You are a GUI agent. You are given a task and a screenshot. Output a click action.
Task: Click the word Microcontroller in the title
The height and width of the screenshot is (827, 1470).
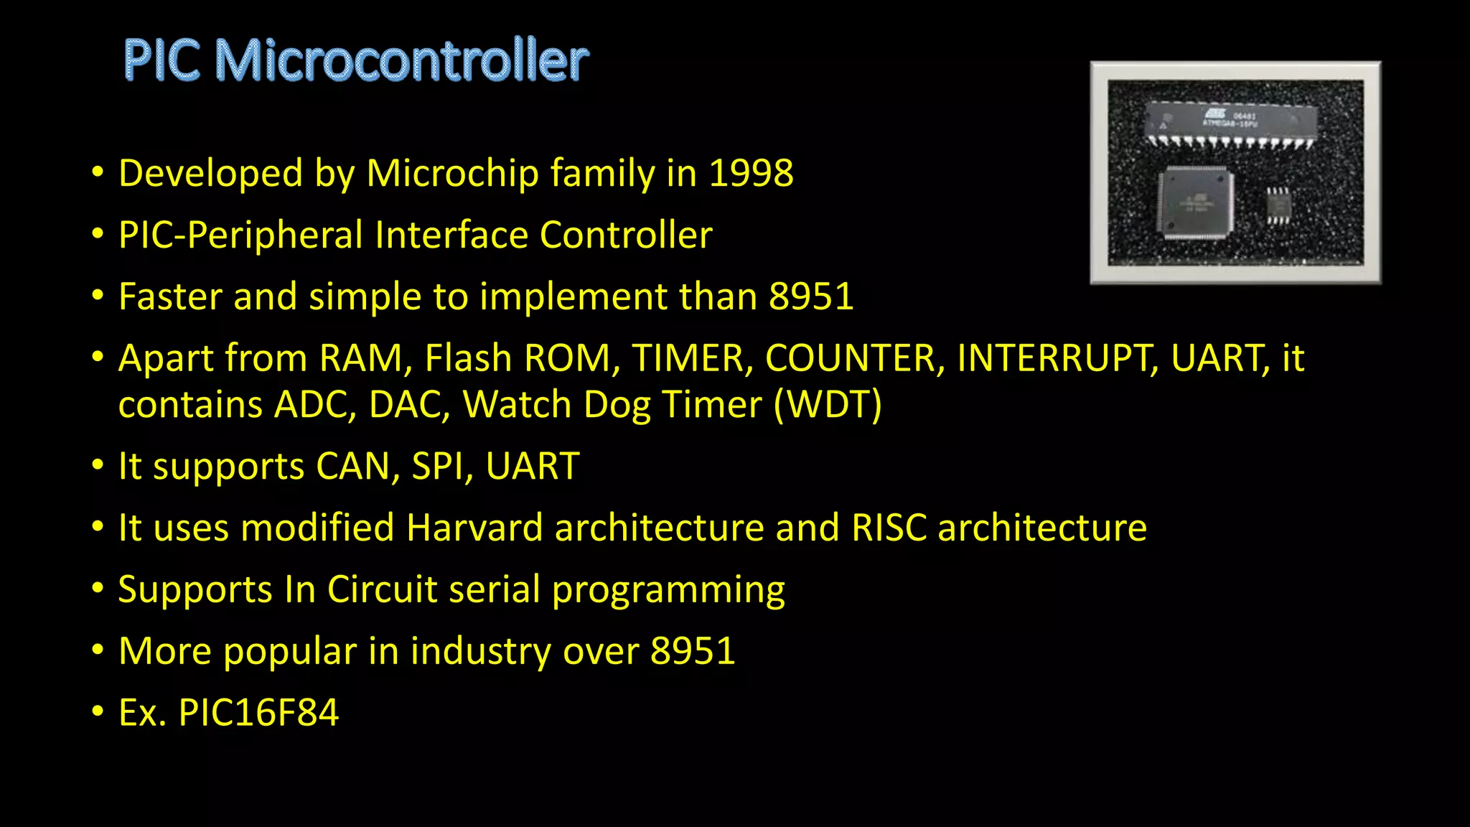click(402, 60)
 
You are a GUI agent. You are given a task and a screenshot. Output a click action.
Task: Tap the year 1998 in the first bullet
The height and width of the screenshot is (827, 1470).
click(751, 174)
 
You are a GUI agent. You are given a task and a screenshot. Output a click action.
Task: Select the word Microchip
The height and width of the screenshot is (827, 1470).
click(452, 174)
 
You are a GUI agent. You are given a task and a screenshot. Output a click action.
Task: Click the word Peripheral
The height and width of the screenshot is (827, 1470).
click(275, 235)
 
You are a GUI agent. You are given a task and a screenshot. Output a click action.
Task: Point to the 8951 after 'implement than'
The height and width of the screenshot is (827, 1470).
click(811, 297)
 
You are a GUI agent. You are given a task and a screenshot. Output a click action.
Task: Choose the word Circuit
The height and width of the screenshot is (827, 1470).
click(382, 590)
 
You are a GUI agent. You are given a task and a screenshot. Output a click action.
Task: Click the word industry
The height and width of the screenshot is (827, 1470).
click(481, 652)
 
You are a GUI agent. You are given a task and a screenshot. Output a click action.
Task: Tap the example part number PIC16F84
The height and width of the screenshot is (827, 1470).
click(258, 713)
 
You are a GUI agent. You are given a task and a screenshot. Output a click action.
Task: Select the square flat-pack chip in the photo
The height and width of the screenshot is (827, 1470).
click(1194, 202)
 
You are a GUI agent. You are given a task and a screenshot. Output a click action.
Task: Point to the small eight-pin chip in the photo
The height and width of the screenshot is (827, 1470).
click(1277, 207)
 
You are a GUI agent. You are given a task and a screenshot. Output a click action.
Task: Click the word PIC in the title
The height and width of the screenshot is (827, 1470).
click(162, 60)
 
